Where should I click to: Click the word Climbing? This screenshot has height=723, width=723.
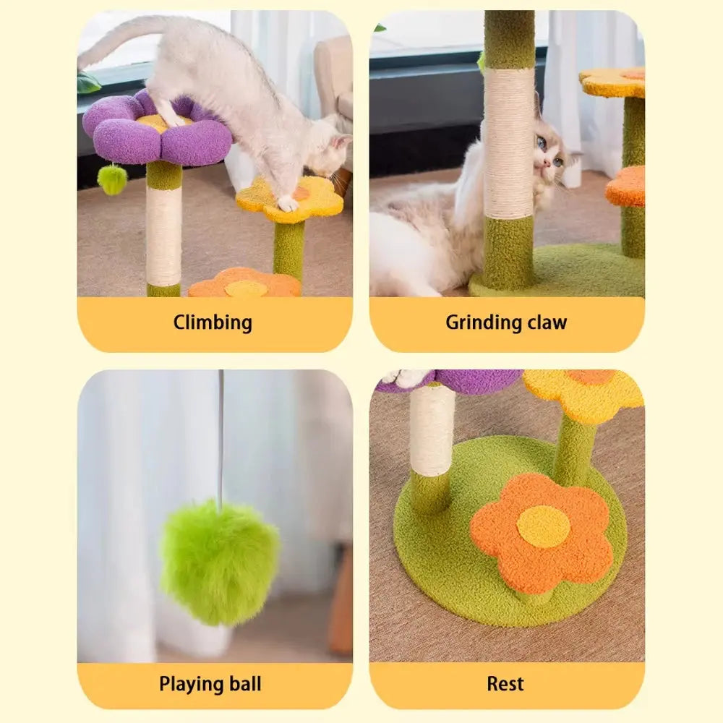coord(213,322)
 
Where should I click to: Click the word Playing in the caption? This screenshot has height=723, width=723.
coord(187,684)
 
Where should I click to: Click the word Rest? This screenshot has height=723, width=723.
coord(505,684)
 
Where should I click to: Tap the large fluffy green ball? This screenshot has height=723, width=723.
coord(220,563)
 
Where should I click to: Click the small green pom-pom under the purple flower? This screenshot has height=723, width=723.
coord(111,179)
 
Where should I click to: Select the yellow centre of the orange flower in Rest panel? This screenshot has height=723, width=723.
coord(543,526)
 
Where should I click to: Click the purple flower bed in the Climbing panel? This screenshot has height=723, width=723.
coord(157,129)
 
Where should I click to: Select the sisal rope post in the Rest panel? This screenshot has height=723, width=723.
coord(432,431)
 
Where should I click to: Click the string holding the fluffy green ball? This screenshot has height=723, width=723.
coord(222,436)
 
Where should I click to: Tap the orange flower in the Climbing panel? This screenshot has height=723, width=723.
coord(245,283)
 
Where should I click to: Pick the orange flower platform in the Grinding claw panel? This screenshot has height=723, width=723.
coord(625,187)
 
